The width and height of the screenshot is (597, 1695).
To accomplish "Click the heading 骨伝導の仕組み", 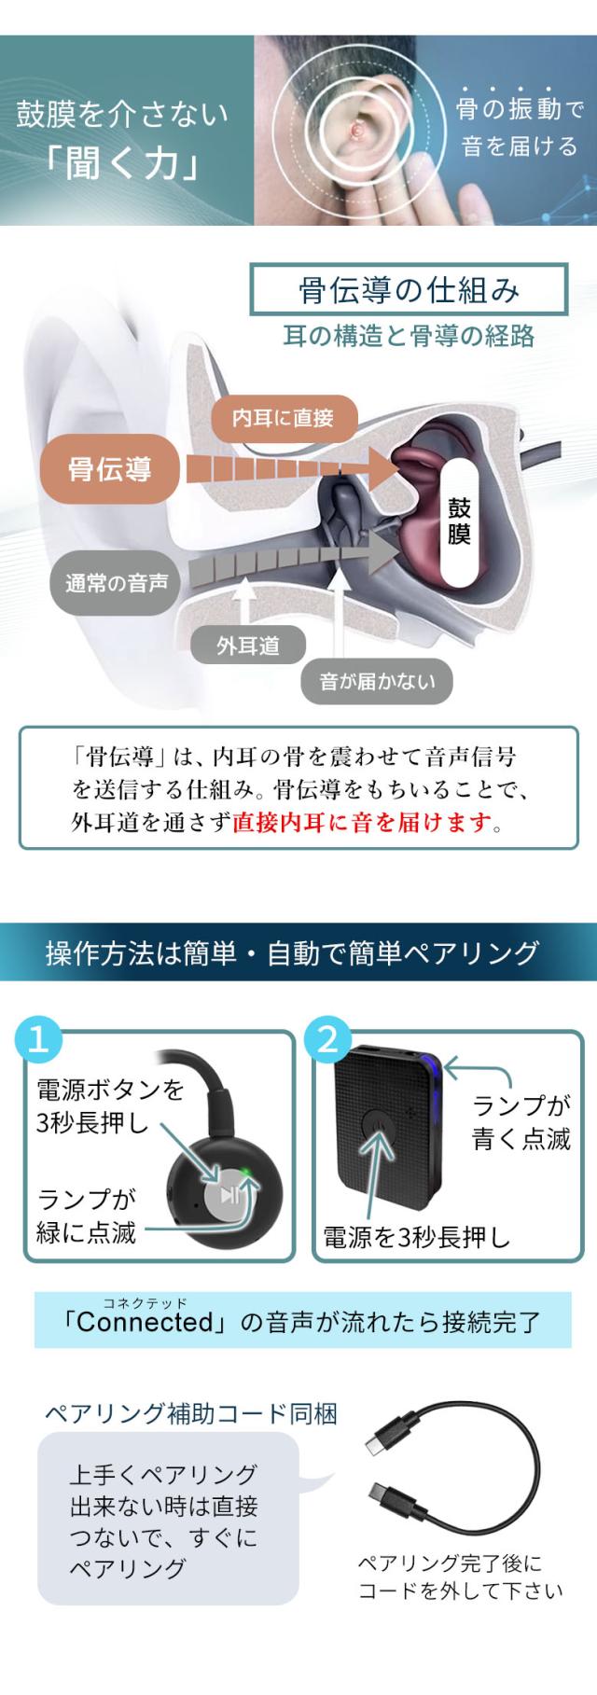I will (x=409, y=291).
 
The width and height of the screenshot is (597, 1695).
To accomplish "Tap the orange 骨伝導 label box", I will (x=110, y=468).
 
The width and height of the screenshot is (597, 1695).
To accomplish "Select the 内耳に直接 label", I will (x=283, y=417).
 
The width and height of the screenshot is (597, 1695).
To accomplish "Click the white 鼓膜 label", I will (x=459, y=521).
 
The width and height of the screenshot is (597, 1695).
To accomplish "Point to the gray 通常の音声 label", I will (x=117, y=584).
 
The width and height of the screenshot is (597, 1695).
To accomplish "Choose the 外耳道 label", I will (x=247, y=646).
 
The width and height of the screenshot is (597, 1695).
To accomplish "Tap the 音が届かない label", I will (x=377, y=682).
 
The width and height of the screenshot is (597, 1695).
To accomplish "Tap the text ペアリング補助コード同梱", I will (x=191, y=1413).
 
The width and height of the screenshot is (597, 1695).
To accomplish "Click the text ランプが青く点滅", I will (x=521, y=1122).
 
